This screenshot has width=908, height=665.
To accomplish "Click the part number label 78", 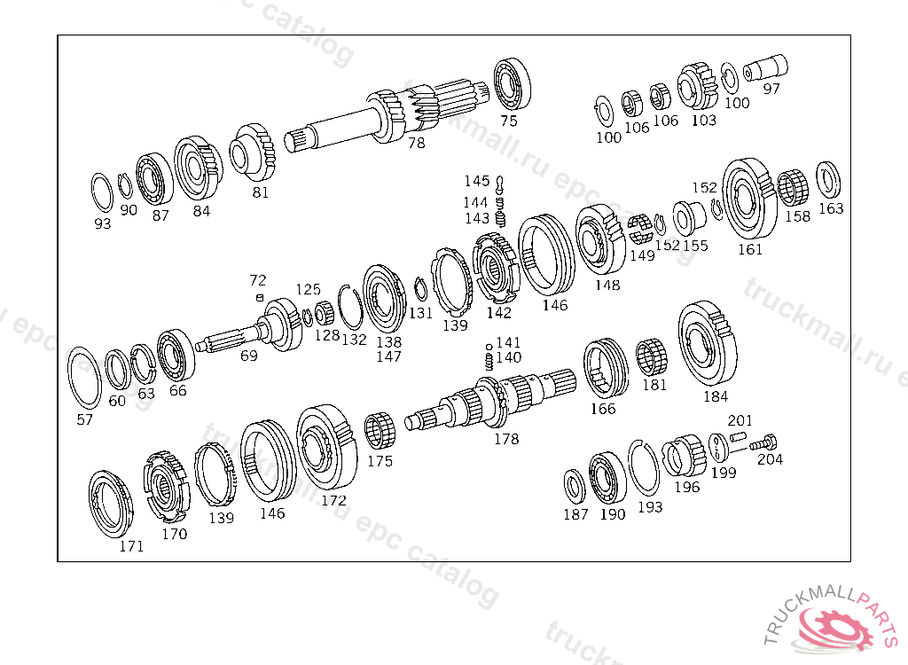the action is (x=417, y=143).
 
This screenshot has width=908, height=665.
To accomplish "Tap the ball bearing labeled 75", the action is (x=512, y=83).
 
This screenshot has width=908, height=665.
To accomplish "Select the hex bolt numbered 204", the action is (x=763, y=443).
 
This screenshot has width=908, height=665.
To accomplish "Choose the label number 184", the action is (x=716, y=397).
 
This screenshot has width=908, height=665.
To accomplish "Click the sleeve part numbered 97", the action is (x=765, y=67).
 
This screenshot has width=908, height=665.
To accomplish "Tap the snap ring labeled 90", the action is (x=124, y=186).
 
